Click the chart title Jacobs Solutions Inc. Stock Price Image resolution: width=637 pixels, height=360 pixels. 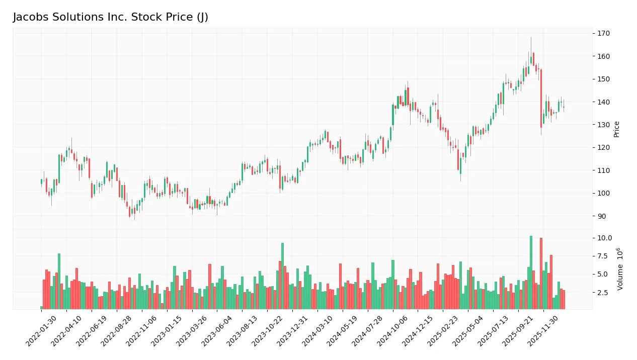pyautogui.click(x=110, y=17)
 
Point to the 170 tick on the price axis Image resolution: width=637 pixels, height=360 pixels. pyautogui.click(x=603, y=33)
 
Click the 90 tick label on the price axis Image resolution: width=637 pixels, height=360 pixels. pyautogui.click(x=601, y=216)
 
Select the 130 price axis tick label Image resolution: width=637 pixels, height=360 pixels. pyautogui.click(x=603, y=125)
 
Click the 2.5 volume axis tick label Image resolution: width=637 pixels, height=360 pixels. pyautogui.click(x=603, y=293)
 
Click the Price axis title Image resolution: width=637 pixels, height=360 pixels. pyautogui.click(x=617, y=129)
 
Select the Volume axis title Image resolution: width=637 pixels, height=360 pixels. pyautogui.click(x=620, y=269)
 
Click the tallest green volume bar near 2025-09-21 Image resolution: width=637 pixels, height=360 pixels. pyautogui.click(x=531, y=272)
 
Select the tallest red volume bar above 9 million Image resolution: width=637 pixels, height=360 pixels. pyautogui.click(x=541, y=273)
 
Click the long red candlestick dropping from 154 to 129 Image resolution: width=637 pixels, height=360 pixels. pyautogui.click(x=541, y=98)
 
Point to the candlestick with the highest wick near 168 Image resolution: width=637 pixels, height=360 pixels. pyautogui.click(x=531, y=60)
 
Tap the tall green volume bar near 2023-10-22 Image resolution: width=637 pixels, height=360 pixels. pyautogui.click(x=282, y=276)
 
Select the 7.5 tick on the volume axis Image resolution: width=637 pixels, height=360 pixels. pyautogui.click(x=603, y=256)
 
